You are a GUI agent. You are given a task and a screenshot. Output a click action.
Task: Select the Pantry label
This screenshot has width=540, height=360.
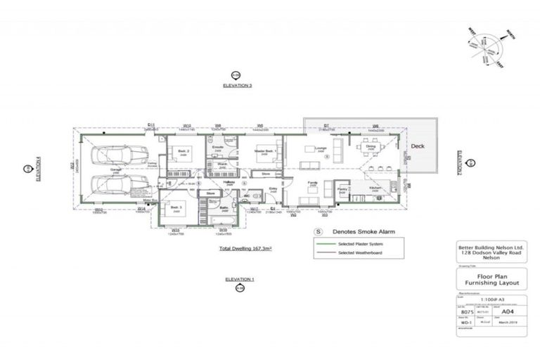[x=342, y=189]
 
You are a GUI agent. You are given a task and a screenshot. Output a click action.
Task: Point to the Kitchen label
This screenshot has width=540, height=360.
[x=375, y=188]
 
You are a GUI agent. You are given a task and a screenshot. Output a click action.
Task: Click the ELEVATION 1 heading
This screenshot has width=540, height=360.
[x=240, y=279]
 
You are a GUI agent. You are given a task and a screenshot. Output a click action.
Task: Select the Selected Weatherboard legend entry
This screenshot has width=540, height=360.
[x=361, y=252]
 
